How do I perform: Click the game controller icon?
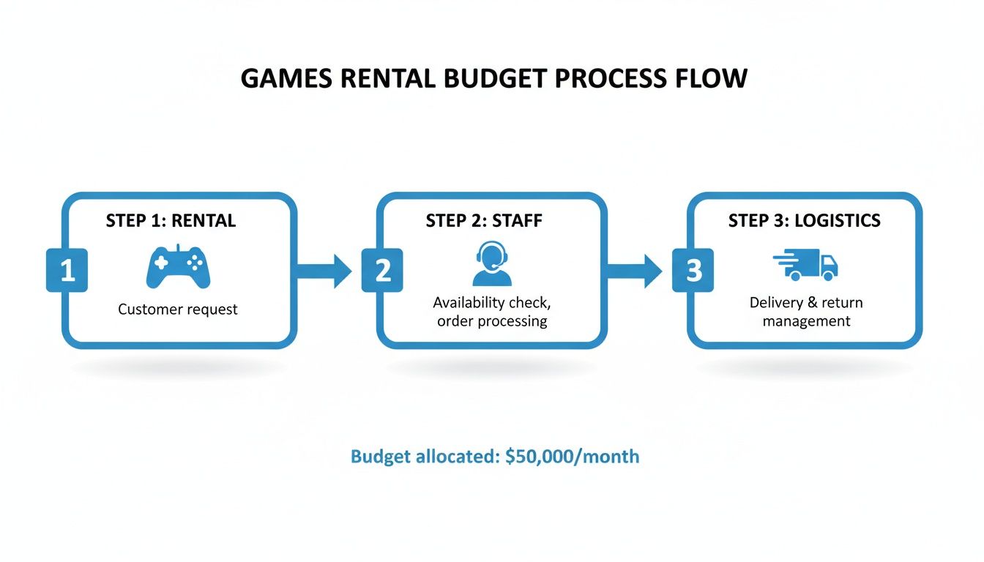(178, 267)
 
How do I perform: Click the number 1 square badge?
(67, 271)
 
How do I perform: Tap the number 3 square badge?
(693, 271)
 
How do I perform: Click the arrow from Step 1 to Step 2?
(322, 271)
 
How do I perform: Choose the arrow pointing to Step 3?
(634, 271)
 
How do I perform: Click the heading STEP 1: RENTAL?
(171, 221)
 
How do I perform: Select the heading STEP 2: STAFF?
(484, 221)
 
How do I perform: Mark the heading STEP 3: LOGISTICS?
(804, 221)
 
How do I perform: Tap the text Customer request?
(178, 310)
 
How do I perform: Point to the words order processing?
(491, 321)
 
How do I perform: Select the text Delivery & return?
(805, 303)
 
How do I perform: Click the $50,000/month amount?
(572, 457)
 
